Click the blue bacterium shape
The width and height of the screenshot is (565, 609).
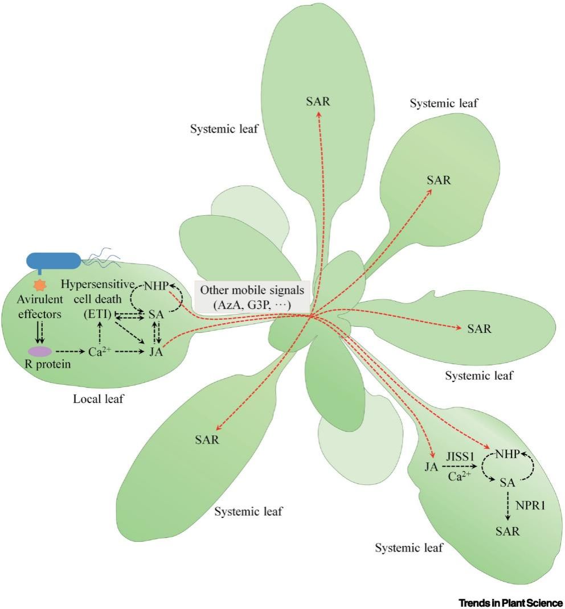53,261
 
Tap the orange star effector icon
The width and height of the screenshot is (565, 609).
40,285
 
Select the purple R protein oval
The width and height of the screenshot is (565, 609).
40,351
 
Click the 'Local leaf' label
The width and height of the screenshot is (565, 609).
99,399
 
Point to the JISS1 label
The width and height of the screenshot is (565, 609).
460,456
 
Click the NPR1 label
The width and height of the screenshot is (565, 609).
530,505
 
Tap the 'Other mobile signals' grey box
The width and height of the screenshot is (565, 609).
252,297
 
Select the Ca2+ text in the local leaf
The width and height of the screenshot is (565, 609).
100,352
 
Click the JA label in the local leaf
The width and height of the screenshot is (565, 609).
156,352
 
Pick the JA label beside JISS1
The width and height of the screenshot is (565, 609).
431,467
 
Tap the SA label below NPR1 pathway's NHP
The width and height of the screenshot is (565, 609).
507,483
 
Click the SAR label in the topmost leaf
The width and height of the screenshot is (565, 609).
318,101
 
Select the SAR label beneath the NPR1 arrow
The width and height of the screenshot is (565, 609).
507,531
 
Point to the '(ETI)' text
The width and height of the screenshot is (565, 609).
97,314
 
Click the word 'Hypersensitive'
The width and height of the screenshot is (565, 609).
97,285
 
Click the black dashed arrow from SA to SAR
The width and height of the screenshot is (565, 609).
507,505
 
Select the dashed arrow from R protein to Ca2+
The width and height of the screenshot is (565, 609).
70,352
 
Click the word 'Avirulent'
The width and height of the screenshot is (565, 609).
40,299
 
